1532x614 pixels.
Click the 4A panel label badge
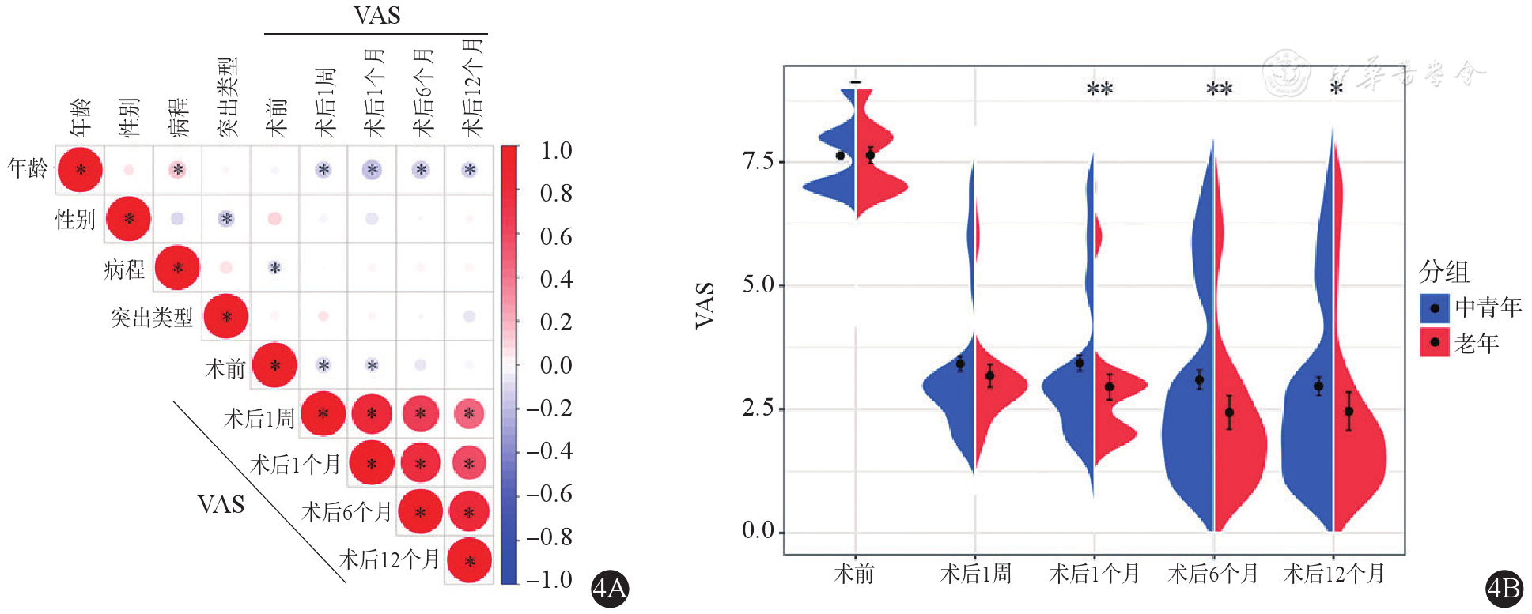610,588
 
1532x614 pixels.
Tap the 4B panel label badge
1504,588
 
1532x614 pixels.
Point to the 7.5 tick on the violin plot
758,161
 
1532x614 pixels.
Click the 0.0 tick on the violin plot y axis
758,530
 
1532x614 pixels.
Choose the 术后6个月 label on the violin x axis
1212,573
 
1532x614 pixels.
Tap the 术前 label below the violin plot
854,573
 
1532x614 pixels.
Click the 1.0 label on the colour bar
556,150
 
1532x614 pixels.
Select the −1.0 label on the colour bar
550,579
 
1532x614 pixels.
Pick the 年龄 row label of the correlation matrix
28,168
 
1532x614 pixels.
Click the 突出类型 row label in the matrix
152,318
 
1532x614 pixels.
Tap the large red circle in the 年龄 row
80,169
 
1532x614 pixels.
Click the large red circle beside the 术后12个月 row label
469,560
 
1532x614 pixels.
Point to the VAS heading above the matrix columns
376,16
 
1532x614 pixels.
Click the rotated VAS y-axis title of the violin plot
705,304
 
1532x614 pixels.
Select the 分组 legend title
1444,272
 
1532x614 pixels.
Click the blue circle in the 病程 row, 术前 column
274,268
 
